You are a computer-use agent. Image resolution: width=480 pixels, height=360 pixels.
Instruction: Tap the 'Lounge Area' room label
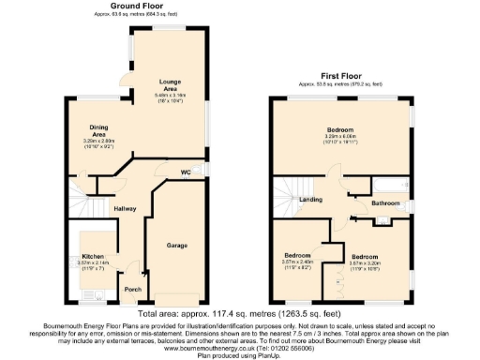pos(171,82)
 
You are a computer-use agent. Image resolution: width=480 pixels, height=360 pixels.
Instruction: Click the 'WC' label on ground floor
pos(186,172)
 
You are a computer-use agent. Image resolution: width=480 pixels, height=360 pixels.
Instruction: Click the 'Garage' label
pos(177,245)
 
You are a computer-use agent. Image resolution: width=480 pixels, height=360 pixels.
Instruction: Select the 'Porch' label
pos(133,289)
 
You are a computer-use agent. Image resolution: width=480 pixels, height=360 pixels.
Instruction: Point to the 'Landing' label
pos(311,199)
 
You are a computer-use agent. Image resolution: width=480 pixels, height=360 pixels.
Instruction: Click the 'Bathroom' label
pos(384,202)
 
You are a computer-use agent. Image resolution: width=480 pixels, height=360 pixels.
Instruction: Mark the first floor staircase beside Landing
pos(286,192)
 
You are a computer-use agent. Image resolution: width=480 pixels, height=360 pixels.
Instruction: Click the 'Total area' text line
pos(239,313)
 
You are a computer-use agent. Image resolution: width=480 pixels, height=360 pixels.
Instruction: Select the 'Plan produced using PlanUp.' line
pos(239,353)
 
